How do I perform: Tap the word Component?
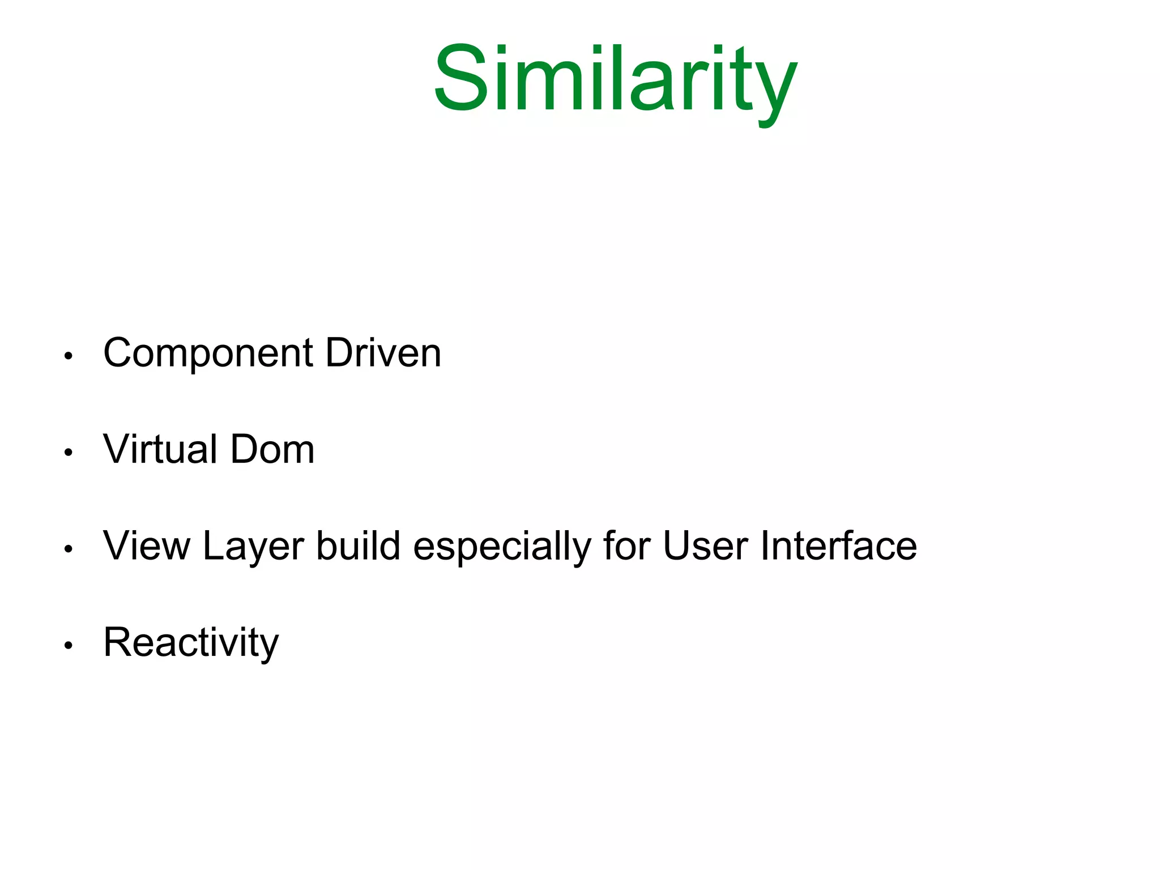(208, 353)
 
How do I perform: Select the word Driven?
(383, 353)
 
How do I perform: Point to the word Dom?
(272, 450)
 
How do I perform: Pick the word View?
(147, 546)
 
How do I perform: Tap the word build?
(358, 546)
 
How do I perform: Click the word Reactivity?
(191, 643)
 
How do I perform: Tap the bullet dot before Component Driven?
(69, 356)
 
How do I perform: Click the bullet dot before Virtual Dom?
(69, 453)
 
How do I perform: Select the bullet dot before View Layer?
(69, 549)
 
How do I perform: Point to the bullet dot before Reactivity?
(69, 645)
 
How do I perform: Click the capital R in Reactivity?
(117, 642)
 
